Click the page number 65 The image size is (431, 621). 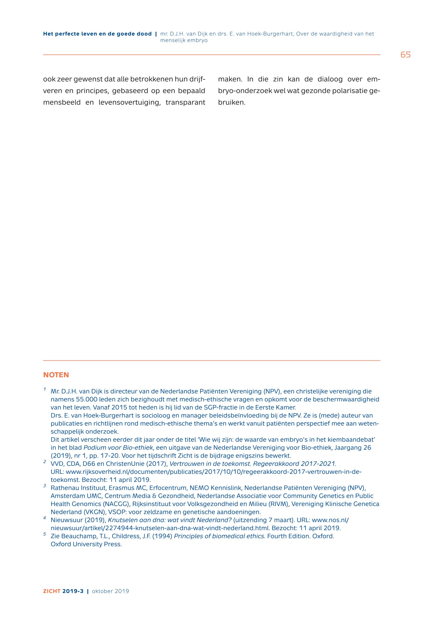(405, 55)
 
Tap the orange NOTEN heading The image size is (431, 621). (56, 375)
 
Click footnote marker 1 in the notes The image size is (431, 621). (45, 389)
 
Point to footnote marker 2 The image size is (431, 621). (45, 462)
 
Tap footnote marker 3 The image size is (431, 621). (45, 486)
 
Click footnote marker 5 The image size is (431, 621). (45, 534)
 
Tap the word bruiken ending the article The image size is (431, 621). (232, 102)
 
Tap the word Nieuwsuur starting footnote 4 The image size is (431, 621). (64, 520)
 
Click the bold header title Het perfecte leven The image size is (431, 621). (97, 34)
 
